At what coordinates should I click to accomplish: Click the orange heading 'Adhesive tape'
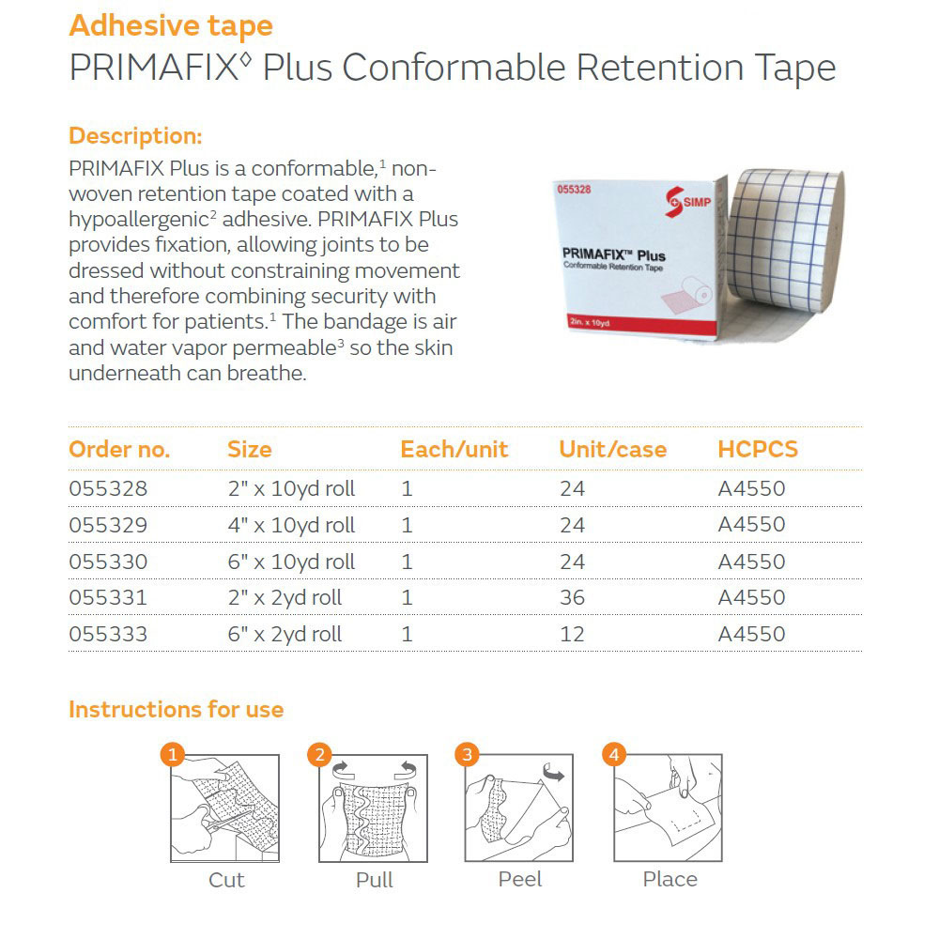171,26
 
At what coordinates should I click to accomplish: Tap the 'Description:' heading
135,136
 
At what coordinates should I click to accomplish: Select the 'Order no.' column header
119,449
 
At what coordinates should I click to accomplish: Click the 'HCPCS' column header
758,449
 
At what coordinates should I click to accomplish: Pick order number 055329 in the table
108,525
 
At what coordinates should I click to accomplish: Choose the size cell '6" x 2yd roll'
285,634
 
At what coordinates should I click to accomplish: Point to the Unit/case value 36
572,597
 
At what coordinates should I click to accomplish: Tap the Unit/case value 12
572,634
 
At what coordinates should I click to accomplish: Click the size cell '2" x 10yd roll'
291,488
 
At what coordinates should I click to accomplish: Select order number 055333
108,634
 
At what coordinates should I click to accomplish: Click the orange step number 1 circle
173,754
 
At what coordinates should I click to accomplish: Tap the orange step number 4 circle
614,754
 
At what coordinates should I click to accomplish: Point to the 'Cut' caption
226,880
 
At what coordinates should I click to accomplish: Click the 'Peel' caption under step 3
520,879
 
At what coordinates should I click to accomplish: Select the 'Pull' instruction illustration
373,808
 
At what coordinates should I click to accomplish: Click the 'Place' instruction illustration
668,808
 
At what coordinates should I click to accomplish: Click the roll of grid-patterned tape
784,240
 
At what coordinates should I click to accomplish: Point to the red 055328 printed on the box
574,190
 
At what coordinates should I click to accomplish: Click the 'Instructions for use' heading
177,710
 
